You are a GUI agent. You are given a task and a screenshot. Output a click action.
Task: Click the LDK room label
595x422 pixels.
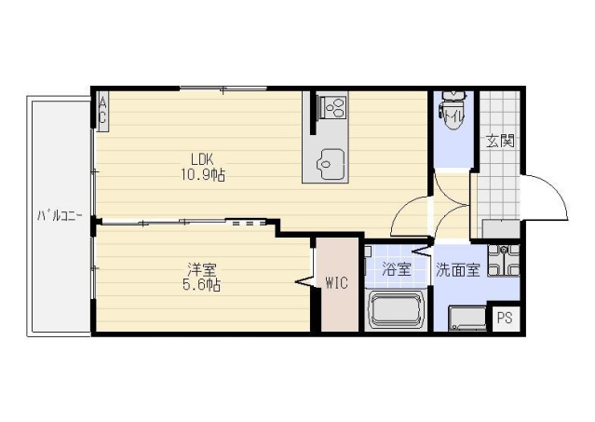coord(202,157)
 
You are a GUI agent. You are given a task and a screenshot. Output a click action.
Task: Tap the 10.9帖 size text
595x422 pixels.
coord(203,175)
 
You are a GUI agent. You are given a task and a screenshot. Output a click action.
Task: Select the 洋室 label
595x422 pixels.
coord(202,269)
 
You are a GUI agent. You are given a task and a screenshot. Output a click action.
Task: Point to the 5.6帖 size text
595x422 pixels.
coord(201,285)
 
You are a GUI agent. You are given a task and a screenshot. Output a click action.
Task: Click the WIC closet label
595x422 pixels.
coord(337,282)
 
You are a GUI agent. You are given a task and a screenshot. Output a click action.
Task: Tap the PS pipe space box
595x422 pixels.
coord(505,318)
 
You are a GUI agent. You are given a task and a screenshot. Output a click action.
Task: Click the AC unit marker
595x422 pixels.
coord(102,111)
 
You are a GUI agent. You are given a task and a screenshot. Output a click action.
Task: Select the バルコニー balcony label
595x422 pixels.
coord(60,216)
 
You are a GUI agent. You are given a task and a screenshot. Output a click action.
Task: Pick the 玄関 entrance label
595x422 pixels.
coord(501,142)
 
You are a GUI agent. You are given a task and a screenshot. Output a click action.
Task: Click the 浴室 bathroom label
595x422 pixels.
coord(396,269)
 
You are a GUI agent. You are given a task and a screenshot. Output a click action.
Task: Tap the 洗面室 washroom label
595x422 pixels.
coord(458,269)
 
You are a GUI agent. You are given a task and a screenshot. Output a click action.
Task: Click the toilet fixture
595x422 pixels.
coord(453,110)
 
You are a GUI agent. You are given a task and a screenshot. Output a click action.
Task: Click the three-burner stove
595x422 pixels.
coord(332,107)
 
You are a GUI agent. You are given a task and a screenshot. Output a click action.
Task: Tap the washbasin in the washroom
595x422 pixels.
coord(504,260)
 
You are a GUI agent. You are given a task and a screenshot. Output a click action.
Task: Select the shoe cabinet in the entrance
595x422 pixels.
coord(501,229)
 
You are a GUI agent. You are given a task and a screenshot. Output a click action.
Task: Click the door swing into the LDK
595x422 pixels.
coord(409,216)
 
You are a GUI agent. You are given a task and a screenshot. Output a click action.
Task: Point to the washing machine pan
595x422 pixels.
coord(467,319)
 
